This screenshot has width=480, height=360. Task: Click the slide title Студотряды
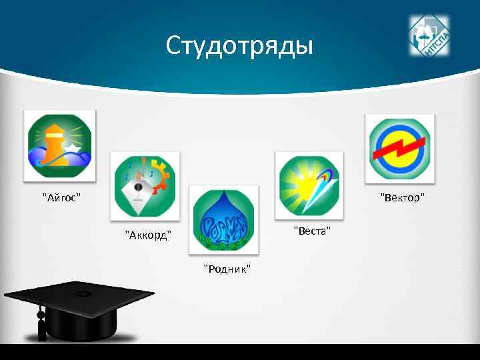point(239,46)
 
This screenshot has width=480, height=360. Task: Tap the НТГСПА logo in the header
point(429,36)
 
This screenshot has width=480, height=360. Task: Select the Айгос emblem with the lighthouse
point(59,145)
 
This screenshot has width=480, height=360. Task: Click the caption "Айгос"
point(61,197)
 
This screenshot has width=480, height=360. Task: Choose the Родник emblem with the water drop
point(223,219)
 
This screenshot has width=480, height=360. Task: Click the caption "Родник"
point(227,269)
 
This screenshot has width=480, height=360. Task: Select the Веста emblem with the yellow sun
point(309,185)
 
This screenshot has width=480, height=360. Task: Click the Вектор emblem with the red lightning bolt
point(399,148)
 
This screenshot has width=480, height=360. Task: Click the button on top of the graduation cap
point(82,293)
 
